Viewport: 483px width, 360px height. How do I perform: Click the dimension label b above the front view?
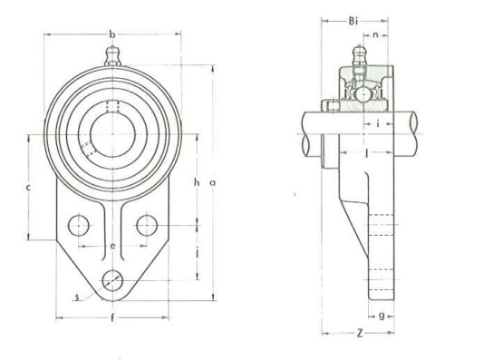112,34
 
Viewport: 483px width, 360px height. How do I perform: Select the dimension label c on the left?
29,187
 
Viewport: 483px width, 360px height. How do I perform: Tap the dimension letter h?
197,182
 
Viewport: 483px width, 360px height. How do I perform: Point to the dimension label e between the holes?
112,246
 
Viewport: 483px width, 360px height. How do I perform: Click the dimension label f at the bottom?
111,318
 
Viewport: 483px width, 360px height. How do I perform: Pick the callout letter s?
78,295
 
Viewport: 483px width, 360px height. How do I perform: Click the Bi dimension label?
354,20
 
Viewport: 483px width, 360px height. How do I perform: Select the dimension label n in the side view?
375,34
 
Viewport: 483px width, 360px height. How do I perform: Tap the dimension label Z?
360,333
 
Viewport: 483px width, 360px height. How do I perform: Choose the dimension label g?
382,316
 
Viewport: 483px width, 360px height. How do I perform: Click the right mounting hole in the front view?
145,224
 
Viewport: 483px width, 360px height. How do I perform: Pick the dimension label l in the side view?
366,155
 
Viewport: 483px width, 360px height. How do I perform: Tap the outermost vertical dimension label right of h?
212,182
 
